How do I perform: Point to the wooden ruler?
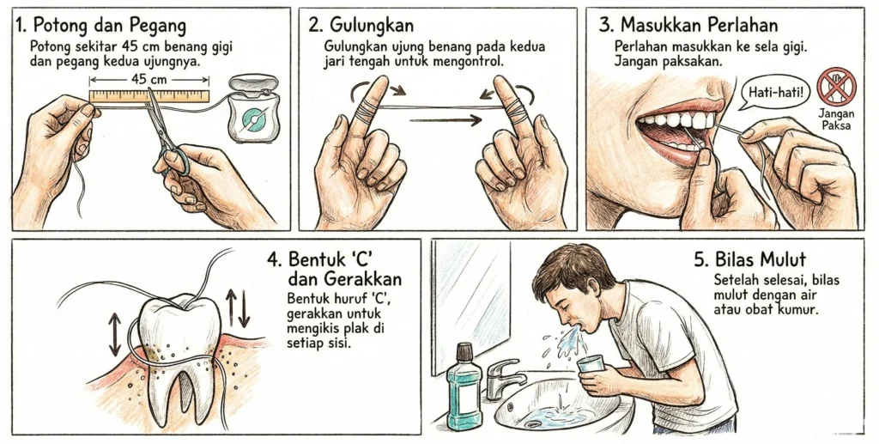click(149, 94)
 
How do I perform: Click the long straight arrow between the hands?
click(446, 121)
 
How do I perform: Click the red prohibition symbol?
click(836, 87)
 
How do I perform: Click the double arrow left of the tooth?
click(114, 335)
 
